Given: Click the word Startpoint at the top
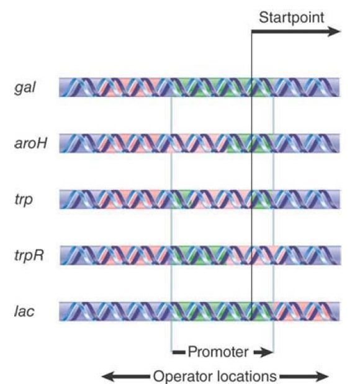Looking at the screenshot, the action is [291, 18].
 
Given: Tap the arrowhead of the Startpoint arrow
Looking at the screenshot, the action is [334, 32].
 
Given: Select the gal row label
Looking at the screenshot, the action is [25, 88].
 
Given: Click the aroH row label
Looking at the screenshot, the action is [30, 143].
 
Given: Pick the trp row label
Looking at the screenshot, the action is [24, 200].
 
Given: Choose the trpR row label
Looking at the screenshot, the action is [29, 255].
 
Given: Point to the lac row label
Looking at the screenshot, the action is [24, 311].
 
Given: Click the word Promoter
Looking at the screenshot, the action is [218, 352].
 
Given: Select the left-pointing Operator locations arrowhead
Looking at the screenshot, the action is [108, 377].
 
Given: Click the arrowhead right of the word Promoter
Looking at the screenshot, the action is [266, 352].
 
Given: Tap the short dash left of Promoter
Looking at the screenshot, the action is [179, 352].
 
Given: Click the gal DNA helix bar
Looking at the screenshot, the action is [200, 88].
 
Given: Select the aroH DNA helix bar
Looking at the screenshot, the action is [200, 144].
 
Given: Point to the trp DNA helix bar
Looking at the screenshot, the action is [200, 199].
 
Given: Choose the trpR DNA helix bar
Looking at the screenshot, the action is [200, 255].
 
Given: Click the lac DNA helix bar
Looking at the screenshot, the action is [200, 311].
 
